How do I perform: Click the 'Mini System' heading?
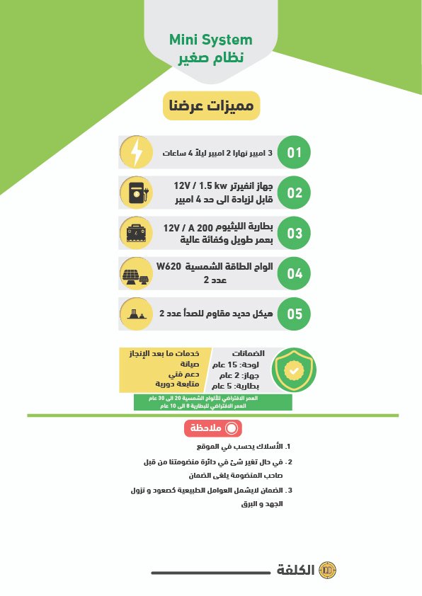[211, 40]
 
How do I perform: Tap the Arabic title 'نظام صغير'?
[211, 59]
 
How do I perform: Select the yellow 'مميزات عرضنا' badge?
[212, 105]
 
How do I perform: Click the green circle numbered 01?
[294, 152]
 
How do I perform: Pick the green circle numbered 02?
[294, 193]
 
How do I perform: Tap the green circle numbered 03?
[294, 233]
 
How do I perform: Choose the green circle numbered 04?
[294, 274]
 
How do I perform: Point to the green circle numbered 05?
[294, 314]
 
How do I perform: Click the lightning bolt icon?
[137, 152]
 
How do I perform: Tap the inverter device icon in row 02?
[137, 193]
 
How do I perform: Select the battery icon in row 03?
[137, 233]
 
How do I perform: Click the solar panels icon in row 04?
[137, 275]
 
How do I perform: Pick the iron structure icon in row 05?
[137, 314]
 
